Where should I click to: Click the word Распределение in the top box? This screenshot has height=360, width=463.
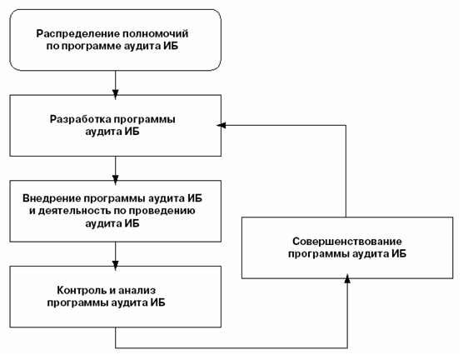coord(77,34)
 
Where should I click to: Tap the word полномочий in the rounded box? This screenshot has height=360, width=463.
coord(156,34)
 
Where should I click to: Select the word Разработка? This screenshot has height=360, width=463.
coord(80,120)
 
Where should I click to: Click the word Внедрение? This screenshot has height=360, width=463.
coord(52,198)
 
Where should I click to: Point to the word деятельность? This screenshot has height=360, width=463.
coord(72,211)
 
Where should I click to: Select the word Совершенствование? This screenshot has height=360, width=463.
coord(347,242)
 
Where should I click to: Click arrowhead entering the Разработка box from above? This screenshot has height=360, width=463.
coord(116,93)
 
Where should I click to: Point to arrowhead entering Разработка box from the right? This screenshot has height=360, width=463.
coord(222,125)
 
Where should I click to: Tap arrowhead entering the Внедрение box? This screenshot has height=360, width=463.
coord(116,179)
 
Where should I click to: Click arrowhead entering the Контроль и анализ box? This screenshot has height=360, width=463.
coord(116,265)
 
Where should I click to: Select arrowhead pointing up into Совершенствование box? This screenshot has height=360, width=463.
coord(347,278)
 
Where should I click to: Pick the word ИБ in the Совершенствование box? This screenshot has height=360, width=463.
coord(399,254)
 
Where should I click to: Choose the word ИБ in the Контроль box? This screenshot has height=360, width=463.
coord(157,303)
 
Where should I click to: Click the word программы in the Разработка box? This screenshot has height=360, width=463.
coord(144,120)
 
